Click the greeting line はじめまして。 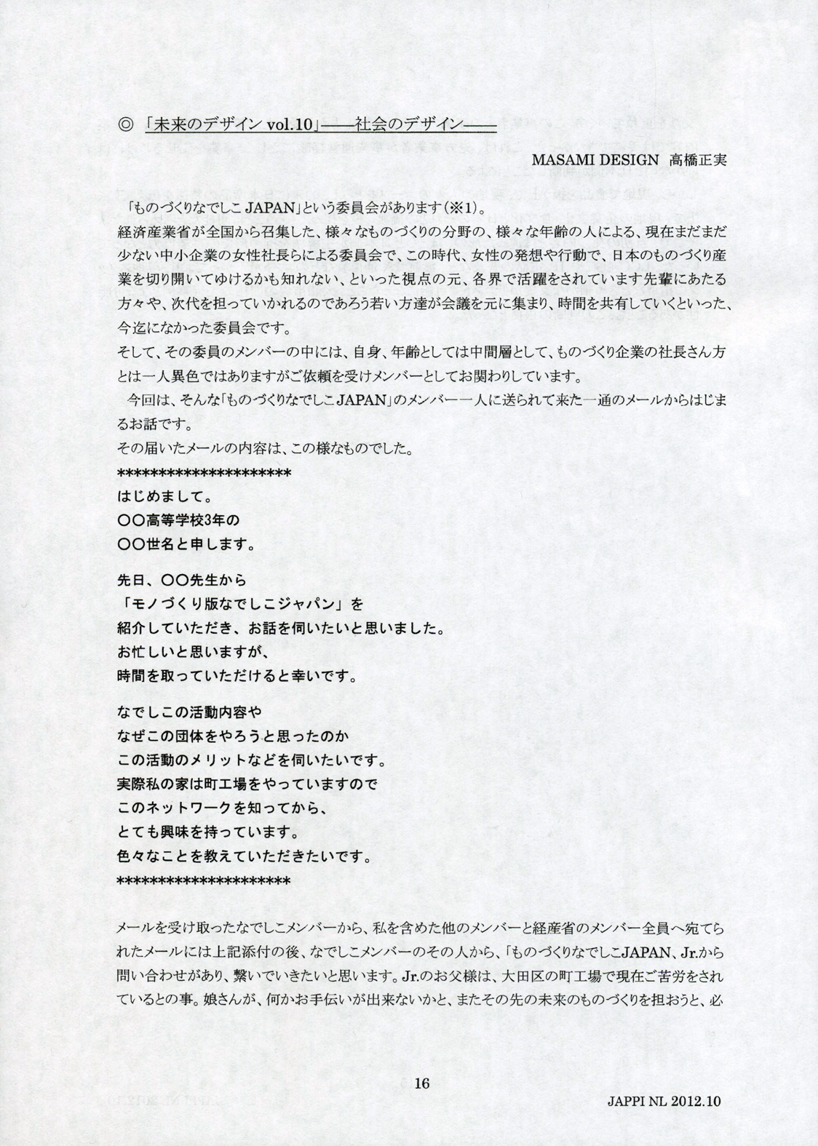pyautogui.click(x=164, y=499)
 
